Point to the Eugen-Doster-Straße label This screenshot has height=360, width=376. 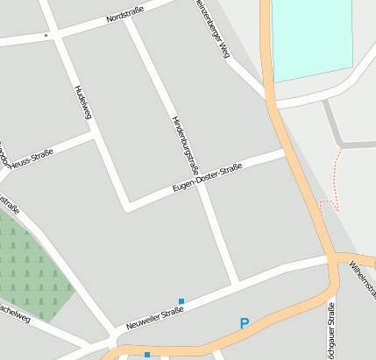click(x=207, y=178)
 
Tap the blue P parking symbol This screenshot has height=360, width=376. click(x=245, y=323)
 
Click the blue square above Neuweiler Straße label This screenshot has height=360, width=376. click(x=181, y=301)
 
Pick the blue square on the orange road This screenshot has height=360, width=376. click(x=147, y=355)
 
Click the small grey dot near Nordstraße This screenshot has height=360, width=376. click(x=46, y=36)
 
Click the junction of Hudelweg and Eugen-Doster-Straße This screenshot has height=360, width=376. click(x=128, y=208)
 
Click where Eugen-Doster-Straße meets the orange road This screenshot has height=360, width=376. click(x=287, y=152)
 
